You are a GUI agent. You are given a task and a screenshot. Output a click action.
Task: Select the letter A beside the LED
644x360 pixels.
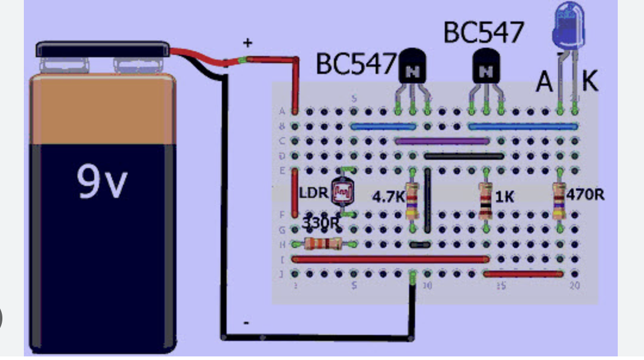544,82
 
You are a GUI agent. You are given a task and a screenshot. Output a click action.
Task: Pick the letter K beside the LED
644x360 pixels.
590,81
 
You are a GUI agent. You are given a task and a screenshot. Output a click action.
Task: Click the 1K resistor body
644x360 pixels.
486,200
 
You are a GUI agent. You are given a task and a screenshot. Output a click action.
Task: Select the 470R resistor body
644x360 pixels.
559,199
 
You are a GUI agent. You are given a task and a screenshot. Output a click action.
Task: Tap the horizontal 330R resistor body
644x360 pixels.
323,243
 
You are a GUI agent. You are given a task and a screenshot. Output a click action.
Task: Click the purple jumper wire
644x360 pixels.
442,141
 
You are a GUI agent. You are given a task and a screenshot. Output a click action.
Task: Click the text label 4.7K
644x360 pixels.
388,197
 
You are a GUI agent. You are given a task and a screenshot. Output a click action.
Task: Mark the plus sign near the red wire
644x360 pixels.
247,43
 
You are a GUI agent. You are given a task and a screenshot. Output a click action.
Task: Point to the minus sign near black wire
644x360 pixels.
246,322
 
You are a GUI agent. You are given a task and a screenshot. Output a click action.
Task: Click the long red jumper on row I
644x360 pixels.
390,259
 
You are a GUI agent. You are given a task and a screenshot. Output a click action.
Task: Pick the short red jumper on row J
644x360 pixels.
523,274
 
